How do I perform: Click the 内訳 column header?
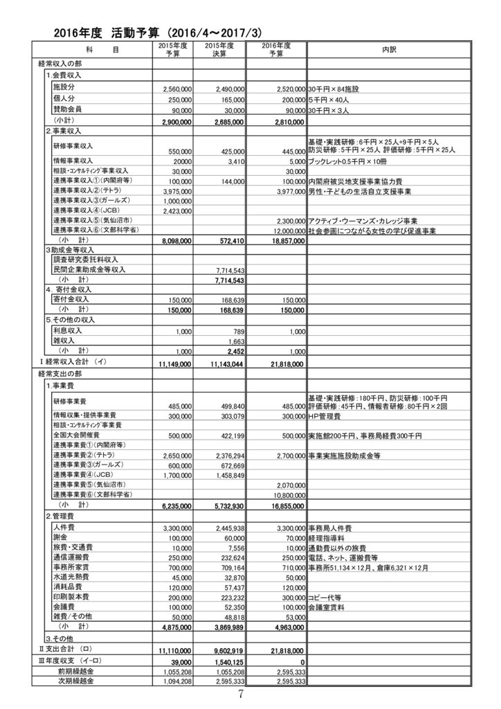pos(389,50)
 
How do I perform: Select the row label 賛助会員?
pos(67,109)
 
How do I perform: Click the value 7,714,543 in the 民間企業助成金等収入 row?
pos(228,271)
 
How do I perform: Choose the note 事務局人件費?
pos(329,528)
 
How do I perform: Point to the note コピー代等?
pos(327,597)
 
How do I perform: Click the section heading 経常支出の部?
pos(64,373)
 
